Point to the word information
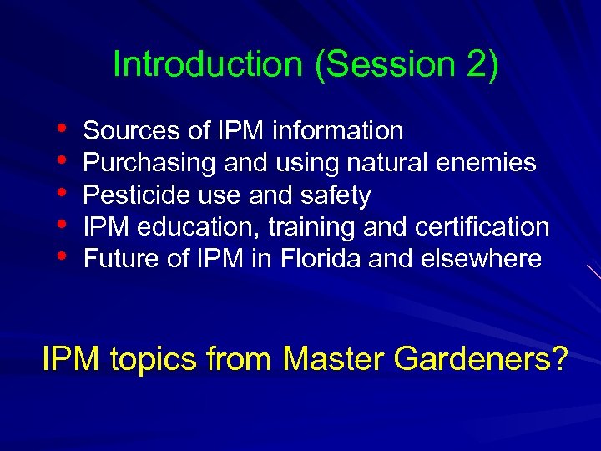338,131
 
